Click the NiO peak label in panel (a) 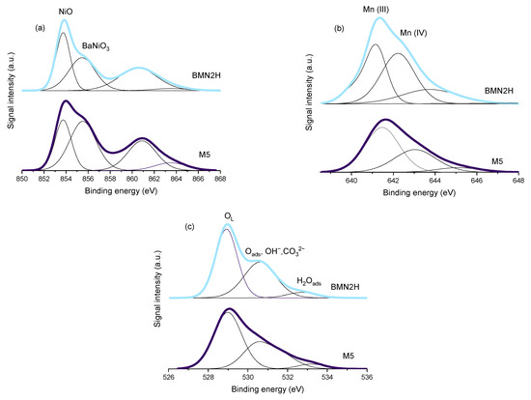click(x=64, y=13)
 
